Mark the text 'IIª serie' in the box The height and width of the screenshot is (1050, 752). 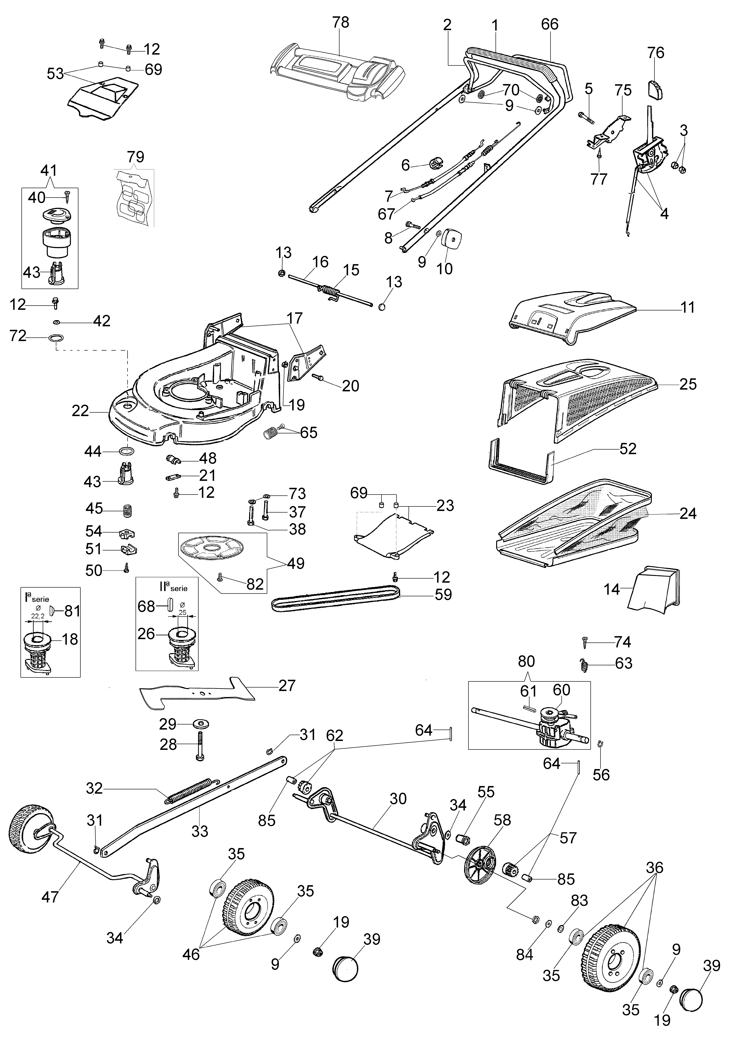coord(174,587)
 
